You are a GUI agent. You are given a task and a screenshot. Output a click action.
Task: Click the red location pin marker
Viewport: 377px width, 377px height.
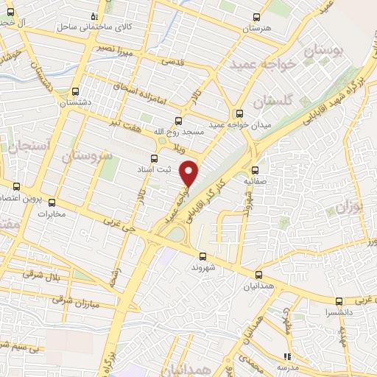click(x=190, y=172)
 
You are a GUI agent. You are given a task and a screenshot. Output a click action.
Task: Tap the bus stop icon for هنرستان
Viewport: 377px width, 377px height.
click(x=256, y=18)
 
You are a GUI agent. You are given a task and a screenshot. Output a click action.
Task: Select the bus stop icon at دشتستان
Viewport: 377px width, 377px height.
click(x=76, y=93)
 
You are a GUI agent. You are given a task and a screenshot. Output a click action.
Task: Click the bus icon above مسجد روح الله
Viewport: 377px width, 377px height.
click(x=178, y=120)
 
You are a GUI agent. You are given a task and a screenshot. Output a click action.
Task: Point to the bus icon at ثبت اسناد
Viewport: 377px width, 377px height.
click(x=154, y=158)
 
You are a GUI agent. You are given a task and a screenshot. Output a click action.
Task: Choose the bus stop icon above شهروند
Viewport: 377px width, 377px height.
click(x=202, y=256)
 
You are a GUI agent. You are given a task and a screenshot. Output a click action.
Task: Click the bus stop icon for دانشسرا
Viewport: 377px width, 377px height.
click(x=339, y=300)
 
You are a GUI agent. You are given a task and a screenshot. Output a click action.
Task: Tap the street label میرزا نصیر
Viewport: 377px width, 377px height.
click(x=116, y=47)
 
